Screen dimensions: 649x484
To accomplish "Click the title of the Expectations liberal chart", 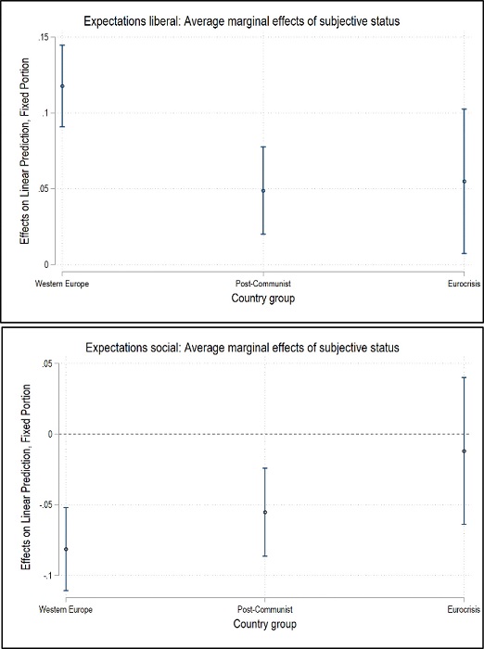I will (241, 20).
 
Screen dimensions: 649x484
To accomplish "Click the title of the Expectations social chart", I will (241, 348).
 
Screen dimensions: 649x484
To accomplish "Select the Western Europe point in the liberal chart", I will (62, 86).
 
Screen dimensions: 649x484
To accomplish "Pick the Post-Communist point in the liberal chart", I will (263, 190).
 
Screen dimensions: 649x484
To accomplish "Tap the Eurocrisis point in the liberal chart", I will (464, 181).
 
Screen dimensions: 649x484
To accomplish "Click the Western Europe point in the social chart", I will (66, 549).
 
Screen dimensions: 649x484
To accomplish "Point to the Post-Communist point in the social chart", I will (265, 512).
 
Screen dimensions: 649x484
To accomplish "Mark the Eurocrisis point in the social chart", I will (464, 451).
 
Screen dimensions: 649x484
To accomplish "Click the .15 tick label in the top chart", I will (42, 37).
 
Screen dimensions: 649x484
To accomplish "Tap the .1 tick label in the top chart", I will (45, 113).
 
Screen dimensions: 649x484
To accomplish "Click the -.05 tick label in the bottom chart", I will (42, 505).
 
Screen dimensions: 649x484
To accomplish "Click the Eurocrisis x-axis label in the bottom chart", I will (463, 609).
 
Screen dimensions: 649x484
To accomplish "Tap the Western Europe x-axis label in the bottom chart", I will (66, 609).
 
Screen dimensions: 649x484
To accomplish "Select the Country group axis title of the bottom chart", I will (265, 624).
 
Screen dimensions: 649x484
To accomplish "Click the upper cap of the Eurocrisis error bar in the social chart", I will (464, 377).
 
